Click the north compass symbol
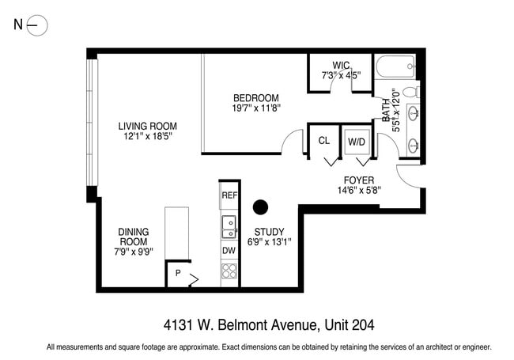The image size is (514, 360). tap(37, 25)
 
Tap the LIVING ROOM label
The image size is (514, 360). tap(147, 126)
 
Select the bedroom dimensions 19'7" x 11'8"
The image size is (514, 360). tap(256, 108)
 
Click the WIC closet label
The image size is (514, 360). tap(341, 65)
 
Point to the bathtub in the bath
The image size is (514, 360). tap(393, 69)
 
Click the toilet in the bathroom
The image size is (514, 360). tap(411, 93)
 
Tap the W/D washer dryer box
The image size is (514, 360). tap(356, 142)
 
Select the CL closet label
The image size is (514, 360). tap(323, 141)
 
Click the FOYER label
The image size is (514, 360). tap(359, 180)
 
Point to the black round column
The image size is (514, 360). tap(259, 208)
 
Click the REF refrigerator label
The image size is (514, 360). tap(229, 195)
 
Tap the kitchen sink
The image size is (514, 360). tap(229, 227)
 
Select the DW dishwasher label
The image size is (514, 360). tap(229, 251)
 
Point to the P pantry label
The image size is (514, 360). tap(178, 274)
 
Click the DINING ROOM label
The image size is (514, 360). tap(134, 237)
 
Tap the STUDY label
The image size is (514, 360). tap(269, 232)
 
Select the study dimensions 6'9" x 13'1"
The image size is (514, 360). tap(269, 242)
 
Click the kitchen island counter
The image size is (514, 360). tap(176, 233)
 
